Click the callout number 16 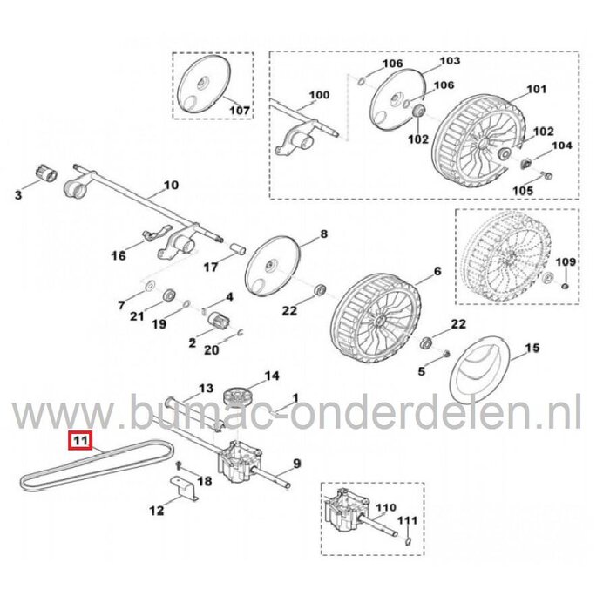119,255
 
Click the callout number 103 449,62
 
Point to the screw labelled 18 178,468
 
